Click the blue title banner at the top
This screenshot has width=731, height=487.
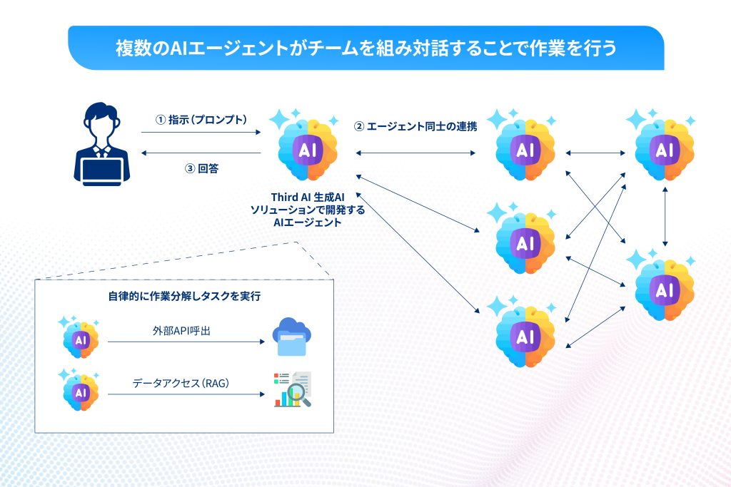tap(365, 48)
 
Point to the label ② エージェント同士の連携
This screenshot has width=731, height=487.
tap(415, 127)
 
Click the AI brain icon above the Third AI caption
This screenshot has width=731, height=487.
tap(306, 148)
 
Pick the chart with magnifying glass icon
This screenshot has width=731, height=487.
tap(293, 390)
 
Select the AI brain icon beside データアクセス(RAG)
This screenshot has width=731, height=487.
tap(80, 391)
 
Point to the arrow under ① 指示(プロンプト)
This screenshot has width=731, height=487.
tap(201, 132)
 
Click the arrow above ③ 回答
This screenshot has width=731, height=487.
tap(201, 152)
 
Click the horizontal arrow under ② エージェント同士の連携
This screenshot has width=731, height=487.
tap(415, 152)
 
